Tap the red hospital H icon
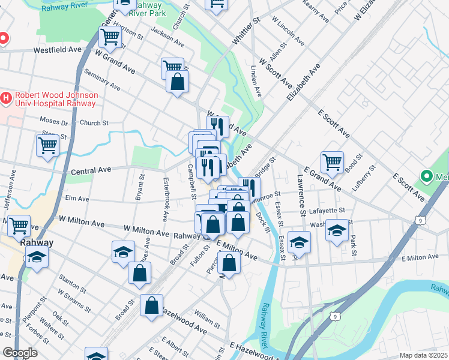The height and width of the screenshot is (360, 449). coord(6,96)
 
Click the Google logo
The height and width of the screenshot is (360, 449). coord(20,353)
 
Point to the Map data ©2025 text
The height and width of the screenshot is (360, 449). coord(423,355)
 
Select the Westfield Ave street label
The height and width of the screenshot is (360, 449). coord(57,50)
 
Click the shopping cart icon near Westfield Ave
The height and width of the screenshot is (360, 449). coord(110,37)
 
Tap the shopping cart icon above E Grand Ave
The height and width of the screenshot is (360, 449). coord(331,161)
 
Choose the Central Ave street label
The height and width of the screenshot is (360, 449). coord(91,171)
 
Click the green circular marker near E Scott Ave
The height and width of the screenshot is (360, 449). coord(427,176)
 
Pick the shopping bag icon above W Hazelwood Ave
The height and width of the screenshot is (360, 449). coord(152,305)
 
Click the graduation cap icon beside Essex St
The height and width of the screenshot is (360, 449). coord(298,242)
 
